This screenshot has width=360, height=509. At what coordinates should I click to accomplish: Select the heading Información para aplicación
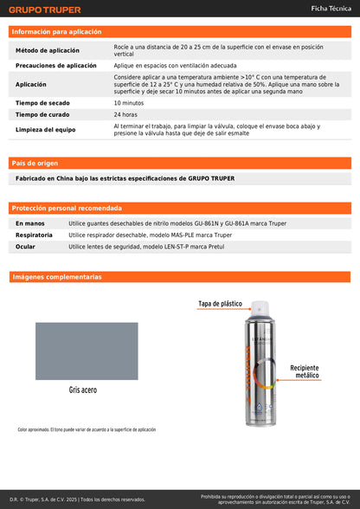pyautogui.click(x=56, y=31)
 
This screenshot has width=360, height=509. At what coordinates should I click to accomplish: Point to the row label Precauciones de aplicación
pyautogui.click(x=56, y=66)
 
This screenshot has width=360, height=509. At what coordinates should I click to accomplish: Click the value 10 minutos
pyautogui.click(x=129, y=103)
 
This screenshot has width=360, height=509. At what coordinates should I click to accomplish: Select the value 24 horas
pyautogui.click(x=125, y=114)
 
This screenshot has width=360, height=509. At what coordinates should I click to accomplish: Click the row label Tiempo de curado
pyautogui.click(x=42, y=114)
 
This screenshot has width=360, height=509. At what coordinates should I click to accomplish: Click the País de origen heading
pyautogui.click(x=35, y=163)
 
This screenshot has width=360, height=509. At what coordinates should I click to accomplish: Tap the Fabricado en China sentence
pyautogui.click(x=125, y=178)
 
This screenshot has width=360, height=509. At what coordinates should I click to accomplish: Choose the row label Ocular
pyautogui.click(x=25, y=247)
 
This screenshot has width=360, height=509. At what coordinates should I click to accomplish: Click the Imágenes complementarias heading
pyautogui.click(x=57, y=277)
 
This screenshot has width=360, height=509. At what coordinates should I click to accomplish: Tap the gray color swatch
pyautogui.click(x=86, y=351)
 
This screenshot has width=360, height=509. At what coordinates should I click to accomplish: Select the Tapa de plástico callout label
pyautogui.click(x=220, y=305)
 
